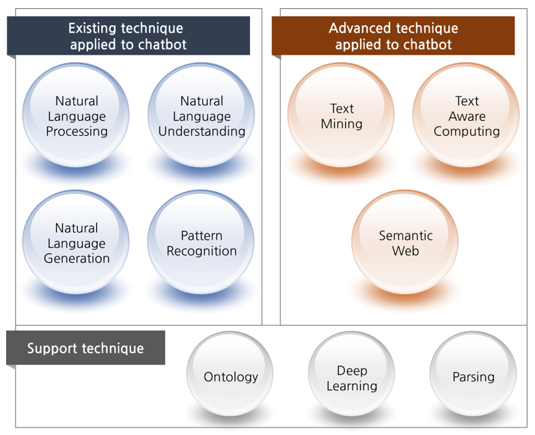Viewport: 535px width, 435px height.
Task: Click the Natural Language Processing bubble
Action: [x=76, y=115]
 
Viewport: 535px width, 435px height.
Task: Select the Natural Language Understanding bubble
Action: [x=202, y=115]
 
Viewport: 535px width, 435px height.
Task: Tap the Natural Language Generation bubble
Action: [x=76, y=242]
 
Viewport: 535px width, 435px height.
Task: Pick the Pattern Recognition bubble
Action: [x=202, y=242]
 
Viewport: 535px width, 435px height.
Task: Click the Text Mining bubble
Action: [x=341, y=115]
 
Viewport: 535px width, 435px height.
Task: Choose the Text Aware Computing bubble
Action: [x=467, y=115]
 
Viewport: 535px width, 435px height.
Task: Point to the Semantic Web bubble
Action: [x=405, y=242]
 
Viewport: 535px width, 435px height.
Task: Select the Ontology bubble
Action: [x=230, y=374]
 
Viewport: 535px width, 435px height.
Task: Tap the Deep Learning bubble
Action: [x=352, y=374]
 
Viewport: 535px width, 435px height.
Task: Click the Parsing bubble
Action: [x=474, y=374]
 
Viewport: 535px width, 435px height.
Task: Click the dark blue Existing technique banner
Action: [x=128, y=36]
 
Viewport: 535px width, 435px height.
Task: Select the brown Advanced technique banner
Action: [x=393, y=36]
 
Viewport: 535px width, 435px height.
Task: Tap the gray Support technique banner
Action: [x=85, y=348]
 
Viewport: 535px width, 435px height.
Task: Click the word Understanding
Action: [x=202, y=132]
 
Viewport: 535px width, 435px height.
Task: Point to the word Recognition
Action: [x=202, y=251]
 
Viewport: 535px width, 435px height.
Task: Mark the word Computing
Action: [x=467, y=132]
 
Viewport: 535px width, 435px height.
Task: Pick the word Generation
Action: [x=77, y=258]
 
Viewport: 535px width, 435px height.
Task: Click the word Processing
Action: [x=77, y=132]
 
